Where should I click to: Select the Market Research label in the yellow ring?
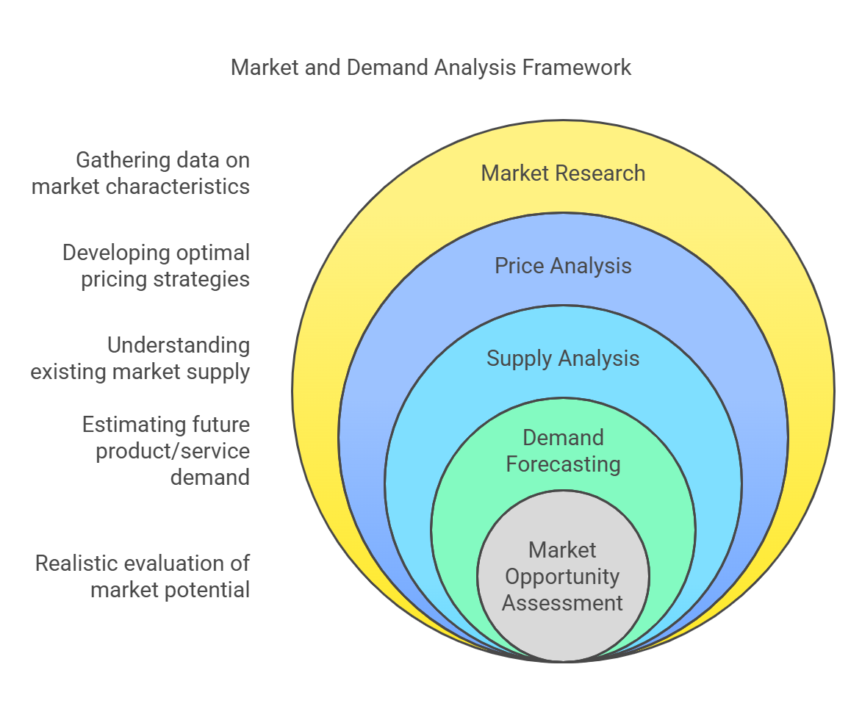click(x=563, y=173)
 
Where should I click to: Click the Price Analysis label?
click(x=563, y=265)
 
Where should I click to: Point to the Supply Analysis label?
click(x=563, y=358)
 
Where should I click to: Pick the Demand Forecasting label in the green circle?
click(x=563, y=451)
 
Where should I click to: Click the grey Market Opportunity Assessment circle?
click(x=563, y=577)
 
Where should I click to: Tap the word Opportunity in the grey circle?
click(x=563, y=577)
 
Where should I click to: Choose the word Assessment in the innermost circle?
click(x=563, y=603)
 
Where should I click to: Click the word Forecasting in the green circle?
click(x=563, y=464)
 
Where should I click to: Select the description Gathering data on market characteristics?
click(x=141, y=173)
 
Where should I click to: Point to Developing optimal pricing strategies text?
click(x=156, y=266)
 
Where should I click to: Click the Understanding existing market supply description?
click(x=141, y=358)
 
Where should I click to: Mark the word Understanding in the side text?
click(x=179, y=345)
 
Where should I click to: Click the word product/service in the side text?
click(x=173, y=451)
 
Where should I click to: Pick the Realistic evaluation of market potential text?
click(x=143, y=577)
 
